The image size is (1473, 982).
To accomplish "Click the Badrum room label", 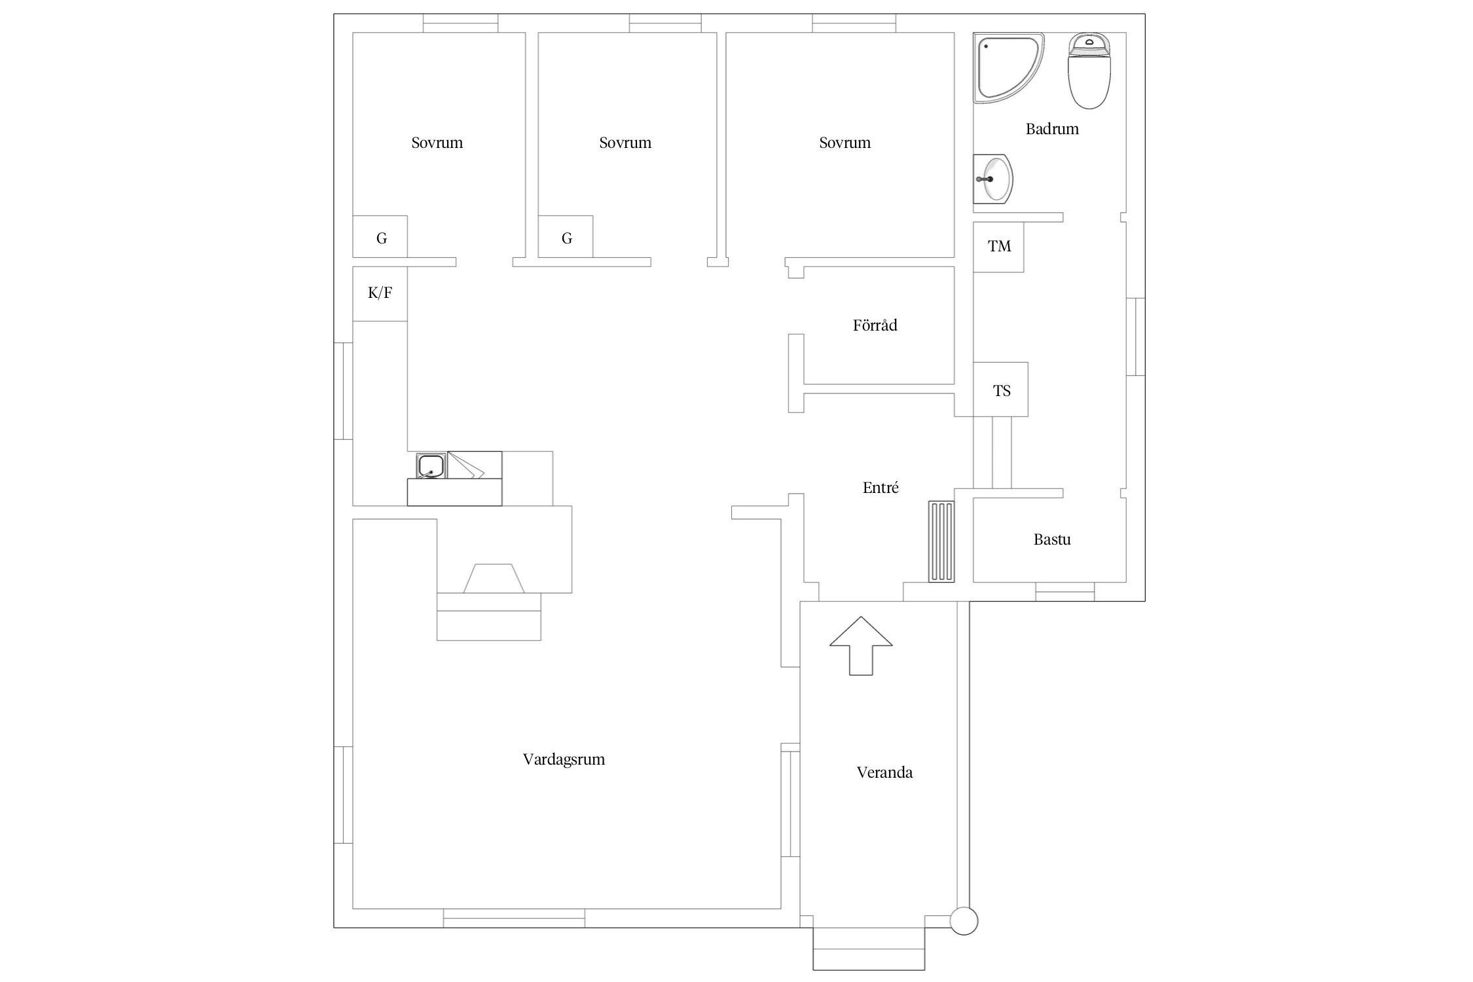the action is tap(1051, 129).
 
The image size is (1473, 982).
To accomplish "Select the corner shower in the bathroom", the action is tap(1008, 68).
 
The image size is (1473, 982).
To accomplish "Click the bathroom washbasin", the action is tap(993, 179).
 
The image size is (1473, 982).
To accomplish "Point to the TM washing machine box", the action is tap(998, 247).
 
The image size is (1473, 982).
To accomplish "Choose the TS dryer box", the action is tap(1000, 390).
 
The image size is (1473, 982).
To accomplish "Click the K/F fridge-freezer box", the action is tap(380, 293).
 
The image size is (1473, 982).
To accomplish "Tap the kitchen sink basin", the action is tap(431, 465).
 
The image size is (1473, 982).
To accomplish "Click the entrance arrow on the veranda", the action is tap(861, 646).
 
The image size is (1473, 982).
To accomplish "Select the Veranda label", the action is tap(884, 773).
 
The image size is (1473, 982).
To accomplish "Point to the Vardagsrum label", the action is tap(564, 759).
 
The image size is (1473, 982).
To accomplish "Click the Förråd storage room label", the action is tap(875, 325).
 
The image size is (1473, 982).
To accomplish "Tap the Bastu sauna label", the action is tap(1052, 539).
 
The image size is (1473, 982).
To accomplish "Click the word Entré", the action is tap(881, 488).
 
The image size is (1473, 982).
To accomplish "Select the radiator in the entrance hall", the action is tap(941, 541).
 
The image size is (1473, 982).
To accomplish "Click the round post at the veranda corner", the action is tap(964, 920).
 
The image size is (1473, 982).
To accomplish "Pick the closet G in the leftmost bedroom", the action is tap(380, 237).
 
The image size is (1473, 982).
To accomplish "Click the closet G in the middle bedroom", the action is tap(566, 237).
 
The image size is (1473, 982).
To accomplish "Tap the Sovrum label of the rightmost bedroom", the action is tap(845, 143).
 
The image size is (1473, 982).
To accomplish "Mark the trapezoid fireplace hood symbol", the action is tap(494, 578).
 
